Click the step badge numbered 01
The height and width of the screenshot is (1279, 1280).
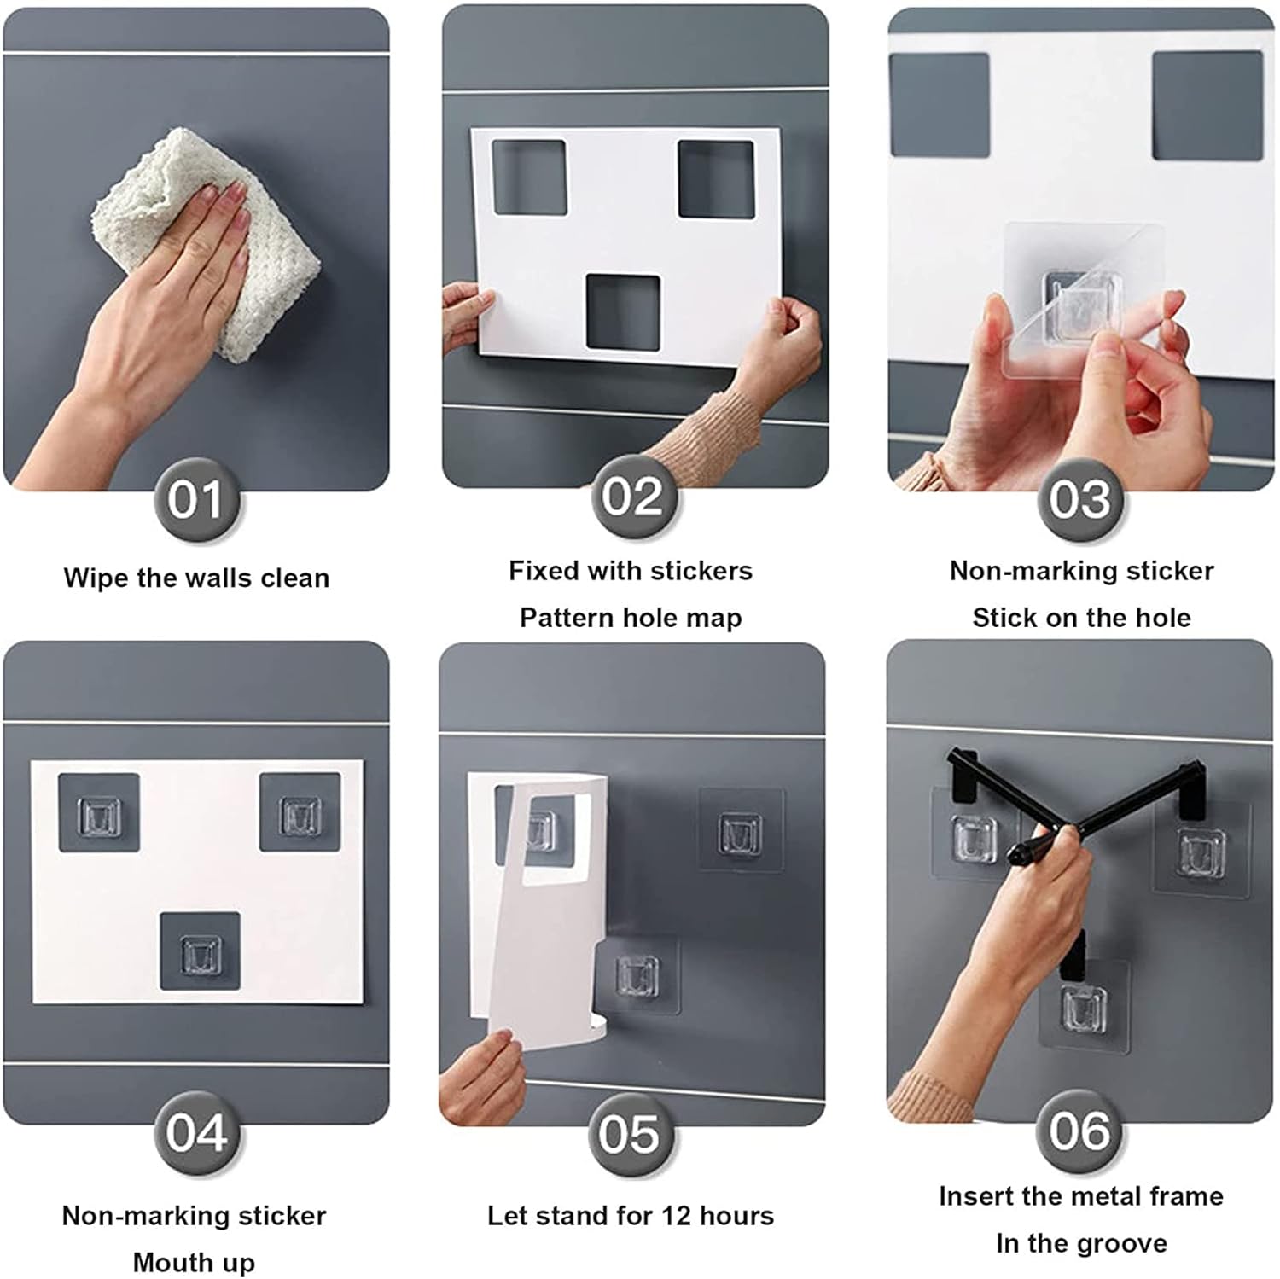195,499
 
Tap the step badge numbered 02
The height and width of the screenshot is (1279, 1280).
632,496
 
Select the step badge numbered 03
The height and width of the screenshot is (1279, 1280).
1079,499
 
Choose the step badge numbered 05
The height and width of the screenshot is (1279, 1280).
629,1134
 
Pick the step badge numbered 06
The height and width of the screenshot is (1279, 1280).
1079,1131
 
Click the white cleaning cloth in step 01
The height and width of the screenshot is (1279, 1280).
209,243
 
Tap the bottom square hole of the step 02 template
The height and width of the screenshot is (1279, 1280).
623,312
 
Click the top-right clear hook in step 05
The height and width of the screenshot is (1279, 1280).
740,833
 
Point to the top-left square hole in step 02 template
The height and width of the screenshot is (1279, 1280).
529,177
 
